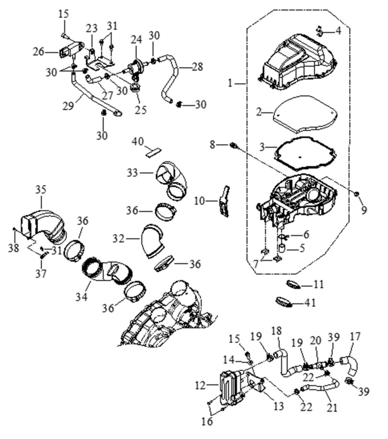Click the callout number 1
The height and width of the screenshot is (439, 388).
pos(230,83)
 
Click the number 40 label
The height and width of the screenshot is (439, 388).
pos(138,142)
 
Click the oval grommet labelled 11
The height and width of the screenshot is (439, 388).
pos(294,284)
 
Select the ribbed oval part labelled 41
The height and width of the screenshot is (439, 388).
pos(284,302)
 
